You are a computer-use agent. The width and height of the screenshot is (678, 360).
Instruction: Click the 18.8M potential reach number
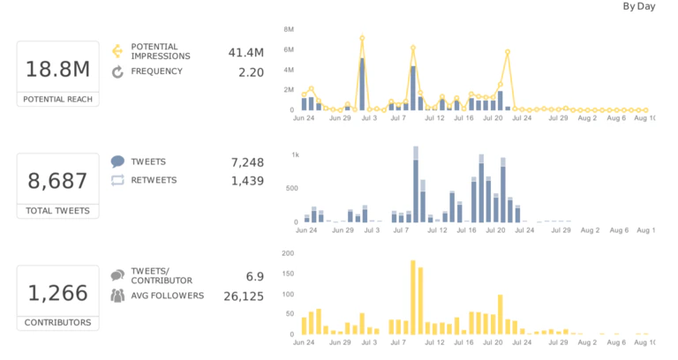tap(57, 69)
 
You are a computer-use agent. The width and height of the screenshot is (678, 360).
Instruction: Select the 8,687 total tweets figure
tap(57, 181)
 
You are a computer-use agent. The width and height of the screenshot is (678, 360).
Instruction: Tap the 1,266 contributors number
tap(57, 293)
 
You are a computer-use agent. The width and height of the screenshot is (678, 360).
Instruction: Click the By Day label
tap(639, 6)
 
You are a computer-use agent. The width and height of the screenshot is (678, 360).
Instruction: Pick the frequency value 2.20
tap(251, 72)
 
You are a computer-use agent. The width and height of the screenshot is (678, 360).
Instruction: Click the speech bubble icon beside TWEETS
tap(117, 162)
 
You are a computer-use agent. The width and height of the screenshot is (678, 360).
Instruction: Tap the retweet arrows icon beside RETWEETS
tap(117, 181)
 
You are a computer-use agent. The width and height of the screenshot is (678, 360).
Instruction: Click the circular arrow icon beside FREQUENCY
tap(117, 72)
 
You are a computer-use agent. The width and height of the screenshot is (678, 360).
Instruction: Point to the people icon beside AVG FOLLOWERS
tap(117, 296)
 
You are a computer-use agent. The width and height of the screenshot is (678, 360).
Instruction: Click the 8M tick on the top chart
tap(288, 29)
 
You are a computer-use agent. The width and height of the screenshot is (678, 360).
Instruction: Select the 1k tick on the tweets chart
tap(296, 154)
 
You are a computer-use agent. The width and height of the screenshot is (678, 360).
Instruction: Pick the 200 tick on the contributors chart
tap(287, 253)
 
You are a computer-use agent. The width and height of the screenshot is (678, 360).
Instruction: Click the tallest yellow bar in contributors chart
tap(412, 297)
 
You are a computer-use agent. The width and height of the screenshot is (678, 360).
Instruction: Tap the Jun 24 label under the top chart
tap(305, 117)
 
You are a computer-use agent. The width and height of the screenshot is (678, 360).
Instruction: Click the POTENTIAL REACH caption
tap(57, 100)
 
